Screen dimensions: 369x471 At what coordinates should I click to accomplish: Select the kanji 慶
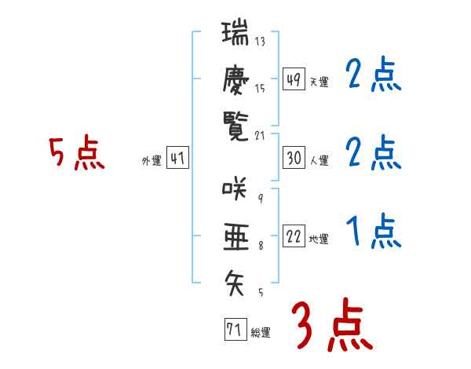pyautogui.click(x=235, y=79)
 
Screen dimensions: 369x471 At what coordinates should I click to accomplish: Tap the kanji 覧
pyautogui.click(x=235, y=124)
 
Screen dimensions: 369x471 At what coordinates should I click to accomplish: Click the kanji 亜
pyautogui.click(x=235, y=235)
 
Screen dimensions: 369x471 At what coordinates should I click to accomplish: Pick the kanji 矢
pyautogui.click(x=235, y=279)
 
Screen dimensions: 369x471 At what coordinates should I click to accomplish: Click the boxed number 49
pyautogui.click(x=294, y=80)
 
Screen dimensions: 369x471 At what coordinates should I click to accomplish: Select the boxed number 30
pyautogui.click(x=294, y=159)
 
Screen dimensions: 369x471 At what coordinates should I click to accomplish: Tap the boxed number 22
pyautogui.click(x=294, y=237)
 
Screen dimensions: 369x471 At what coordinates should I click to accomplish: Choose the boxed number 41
pyautogui.click(x=177, y=159)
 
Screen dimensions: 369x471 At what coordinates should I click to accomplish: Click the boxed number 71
pyautogui.click(x=235, y=330)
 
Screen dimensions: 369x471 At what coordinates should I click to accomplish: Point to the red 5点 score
pyautogui.click(x=77, y=154)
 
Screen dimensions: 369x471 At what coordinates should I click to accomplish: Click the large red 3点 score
pyautogui.click(x=330, y=325)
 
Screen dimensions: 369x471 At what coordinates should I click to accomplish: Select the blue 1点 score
pyautogui.click(x=374, y=232)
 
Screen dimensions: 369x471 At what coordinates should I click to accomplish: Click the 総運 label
pyautogui.click(x=261, y=333)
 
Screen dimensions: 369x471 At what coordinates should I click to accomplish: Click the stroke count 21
pyautogui.click(x=260, y=135)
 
